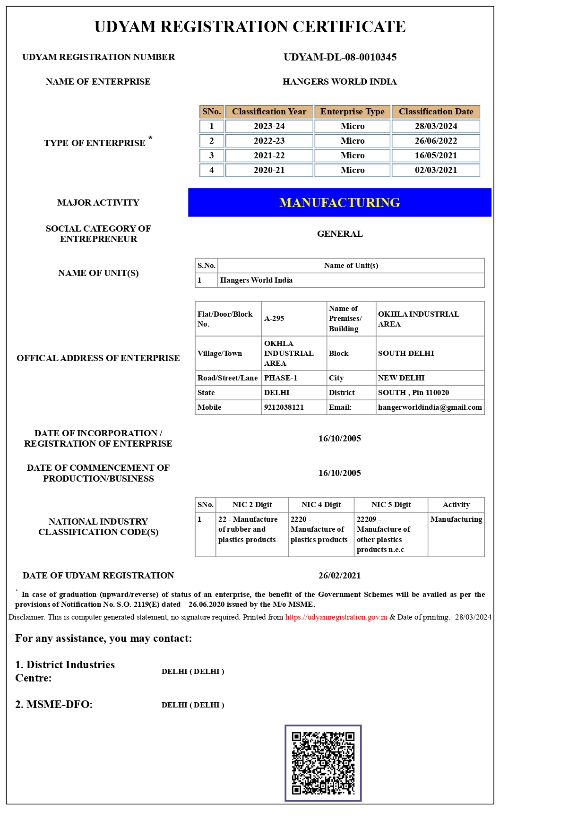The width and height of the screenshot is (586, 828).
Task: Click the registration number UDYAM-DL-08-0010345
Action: click(x=340, y=57)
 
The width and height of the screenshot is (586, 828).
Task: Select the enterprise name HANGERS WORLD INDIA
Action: click(x=339, y=82)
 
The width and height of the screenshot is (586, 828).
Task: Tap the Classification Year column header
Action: click(x=269, y=112)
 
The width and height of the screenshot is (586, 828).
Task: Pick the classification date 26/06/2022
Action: click(x=436, y=141)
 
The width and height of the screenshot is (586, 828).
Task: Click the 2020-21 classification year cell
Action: click(x=269, y=170)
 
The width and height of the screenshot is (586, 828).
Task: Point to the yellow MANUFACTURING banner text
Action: click(x=339, y=203)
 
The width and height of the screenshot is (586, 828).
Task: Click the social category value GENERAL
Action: click(x=340, y=234)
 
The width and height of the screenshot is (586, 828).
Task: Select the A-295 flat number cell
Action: click(x=275, y=319)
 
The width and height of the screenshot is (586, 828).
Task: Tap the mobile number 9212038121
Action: click(x=284, y=407)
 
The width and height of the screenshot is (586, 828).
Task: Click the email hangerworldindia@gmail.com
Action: click(x=430, y=407)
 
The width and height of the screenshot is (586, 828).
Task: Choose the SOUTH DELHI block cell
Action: click(x=405, y=354)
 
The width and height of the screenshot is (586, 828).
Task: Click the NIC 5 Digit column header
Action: click(x=391, y=505)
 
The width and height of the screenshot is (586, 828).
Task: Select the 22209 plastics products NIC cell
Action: click(x=383, y=535)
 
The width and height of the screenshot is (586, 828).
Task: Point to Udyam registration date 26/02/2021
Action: click(x=339, y=576)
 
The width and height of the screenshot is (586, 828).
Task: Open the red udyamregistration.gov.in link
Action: click(x=336, y=617)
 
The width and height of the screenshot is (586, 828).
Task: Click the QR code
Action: click(x=323, y=763)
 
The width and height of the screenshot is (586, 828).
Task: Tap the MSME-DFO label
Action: click(x=54, y=705)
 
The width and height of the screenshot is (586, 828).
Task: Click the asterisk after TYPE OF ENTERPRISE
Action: click(x=150, y=138)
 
